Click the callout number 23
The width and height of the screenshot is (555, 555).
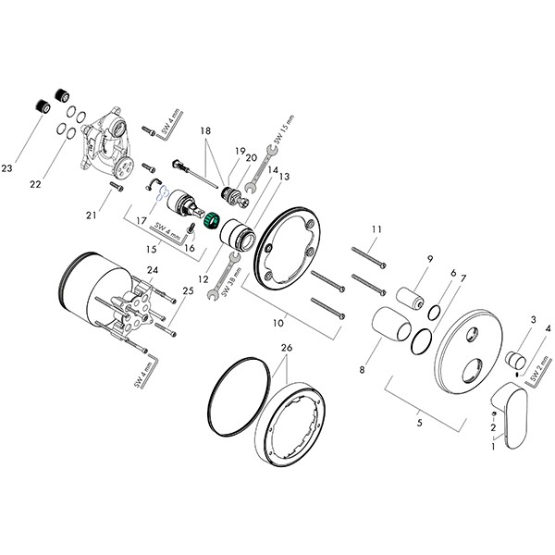(x=8, y=167)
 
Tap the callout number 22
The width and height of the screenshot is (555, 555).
(x=36, y=185)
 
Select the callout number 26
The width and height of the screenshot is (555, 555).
(x=287, y=348)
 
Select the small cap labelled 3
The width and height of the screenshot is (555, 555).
(x=515, y=357)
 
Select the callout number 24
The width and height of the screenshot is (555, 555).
(x=153, y=271)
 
